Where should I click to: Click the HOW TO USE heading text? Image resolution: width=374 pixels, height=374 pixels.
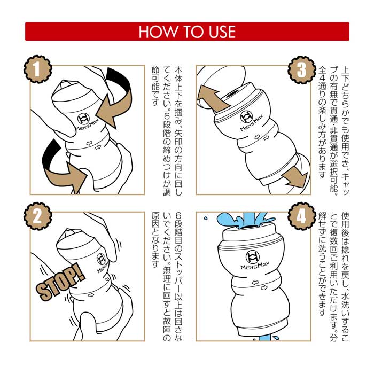coord(187,32)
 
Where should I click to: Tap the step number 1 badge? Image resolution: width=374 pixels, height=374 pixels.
coord(38,69)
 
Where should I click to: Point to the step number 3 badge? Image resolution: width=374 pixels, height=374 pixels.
coord(302,70)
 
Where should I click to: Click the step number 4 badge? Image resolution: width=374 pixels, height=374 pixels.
coord(302,216)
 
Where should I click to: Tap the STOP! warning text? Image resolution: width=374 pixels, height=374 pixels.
coord(60,282)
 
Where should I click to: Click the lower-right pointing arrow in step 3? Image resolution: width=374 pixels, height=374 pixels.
coord(294,176)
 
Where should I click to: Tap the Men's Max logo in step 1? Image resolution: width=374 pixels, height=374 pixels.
coord(87,122)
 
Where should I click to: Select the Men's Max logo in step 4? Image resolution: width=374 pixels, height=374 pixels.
coord(254,260)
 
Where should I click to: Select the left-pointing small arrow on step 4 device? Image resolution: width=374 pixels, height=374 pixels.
coord(255,283)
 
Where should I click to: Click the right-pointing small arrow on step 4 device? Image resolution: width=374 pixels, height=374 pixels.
coord(264,287)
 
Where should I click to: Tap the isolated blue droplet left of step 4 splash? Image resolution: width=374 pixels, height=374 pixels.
coord(206,218)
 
